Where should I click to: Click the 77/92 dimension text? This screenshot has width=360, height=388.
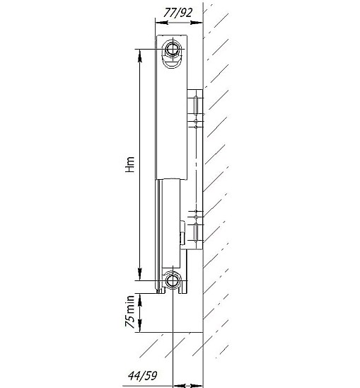tap(178, 13)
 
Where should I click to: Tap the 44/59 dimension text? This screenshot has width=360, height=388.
tap(143, 376)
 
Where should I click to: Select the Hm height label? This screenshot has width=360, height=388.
tap(130, 164)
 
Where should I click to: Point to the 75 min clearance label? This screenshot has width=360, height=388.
tap(130, 312)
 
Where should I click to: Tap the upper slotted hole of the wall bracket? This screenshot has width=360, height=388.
tap(196, 105)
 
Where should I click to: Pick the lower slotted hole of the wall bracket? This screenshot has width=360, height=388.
tap(196, 233)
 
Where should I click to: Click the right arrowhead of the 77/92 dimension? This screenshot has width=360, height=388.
tap(197, 23)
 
